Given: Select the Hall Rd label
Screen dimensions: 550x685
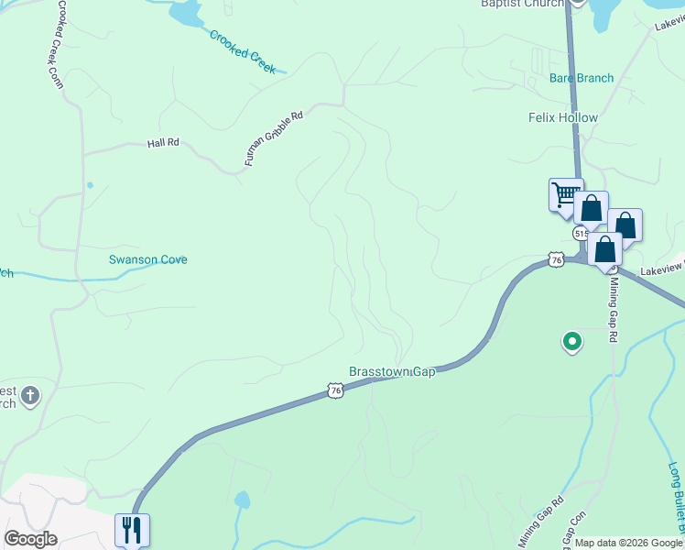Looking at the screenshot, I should tap(163, 143).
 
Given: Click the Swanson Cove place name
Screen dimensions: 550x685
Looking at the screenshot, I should tap(148, 259).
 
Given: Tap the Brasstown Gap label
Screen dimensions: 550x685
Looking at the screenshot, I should tap(392, 371).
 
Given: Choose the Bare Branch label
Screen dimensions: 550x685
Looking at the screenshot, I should tap(582, 78).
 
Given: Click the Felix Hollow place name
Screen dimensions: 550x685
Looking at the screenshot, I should tap(563, 117).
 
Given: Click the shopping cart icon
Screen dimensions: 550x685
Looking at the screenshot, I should tap(565, 194).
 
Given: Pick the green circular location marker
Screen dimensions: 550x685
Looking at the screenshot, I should tap(572, 342).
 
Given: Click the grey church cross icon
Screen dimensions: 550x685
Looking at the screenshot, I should tap(30, 395).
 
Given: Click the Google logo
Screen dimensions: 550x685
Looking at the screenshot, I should tap(30, 539).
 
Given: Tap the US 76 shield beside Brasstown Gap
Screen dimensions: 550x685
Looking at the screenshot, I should tap(335, 390).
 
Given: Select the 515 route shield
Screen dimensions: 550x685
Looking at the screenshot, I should tap(581, 234).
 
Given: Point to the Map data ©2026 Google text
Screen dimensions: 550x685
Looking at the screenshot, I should tap(627, 543).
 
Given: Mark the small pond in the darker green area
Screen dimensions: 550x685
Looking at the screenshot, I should tap(242, 500).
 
